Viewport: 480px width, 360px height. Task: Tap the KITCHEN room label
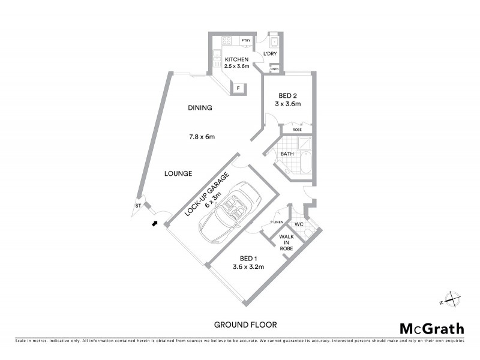pyautogui.click(x=236, y=59)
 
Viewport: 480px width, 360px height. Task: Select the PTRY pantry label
pyautogui.click(x=246, y=40)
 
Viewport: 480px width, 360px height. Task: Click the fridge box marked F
pyautogui.click(x=238, y=89)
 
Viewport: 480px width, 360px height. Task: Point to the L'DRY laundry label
pyautogui.click(x=270, y=54)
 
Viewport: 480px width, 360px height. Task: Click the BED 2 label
pyautogui.click(x=288, y=95)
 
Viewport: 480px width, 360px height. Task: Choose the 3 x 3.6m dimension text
pyautogui.click(x=288, y=104)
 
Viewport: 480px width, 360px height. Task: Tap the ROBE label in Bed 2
pyautogui.click(x=297, y=130)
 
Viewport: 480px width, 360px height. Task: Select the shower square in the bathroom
pyautogui.click(x=304, y=144)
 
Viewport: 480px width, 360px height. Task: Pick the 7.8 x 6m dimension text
pyautogui.click(x=202, y=137)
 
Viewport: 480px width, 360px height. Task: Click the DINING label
pyautogui.click(x=200, y=108)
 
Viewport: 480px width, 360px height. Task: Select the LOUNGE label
pyautogui.click(x=178, y=173)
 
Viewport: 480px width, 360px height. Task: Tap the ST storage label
pyautogui.click(x=138, y=206)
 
